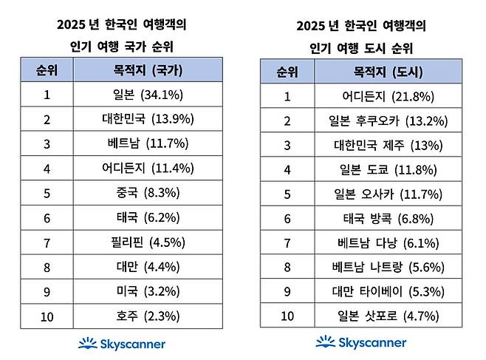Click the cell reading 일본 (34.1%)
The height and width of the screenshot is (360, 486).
(x=148, y=95)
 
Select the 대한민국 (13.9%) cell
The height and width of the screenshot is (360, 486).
(x=148, y=119)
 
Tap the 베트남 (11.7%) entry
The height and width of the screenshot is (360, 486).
(x=148, y=143)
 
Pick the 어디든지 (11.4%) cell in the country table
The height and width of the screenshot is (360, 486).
(x=148, y=168)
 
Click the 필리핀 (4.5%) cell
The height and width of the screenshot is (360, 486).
(x=148, y=242)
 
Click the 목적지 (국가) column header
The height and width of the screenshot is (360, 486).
(x=148, y=70)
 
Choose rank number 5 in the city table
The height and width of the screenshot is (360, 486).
(x=288, y=194)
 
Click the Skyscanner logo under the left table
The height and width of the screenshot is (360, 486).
(x=122, y=344)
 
